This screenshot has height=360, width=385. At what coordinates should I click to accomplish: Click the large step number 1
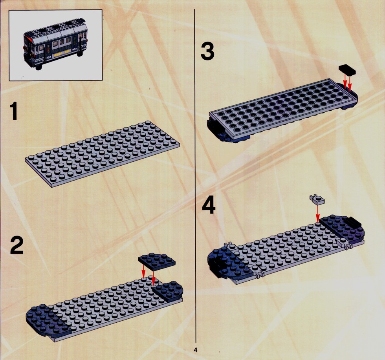14,111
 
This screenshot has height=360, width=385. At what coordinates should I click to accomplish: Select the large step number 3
207,51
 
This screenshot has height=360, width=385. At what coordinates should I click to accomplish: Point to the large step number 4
209,205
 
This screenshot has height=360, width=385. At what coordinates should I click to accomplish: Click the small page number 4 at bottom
196,350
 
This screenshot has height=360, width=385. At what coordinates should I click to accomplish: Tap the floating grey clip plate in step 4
317,199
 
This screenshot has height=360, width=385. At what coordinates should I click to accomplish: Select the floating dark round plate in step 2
157,261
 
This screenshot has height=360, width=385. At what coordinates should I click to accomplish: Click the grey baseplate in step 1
102,154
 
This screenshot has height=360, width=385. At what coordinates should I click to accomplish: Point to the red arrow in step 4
317,213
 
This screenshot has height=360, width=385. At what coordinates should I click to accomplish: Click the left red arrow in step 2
144,271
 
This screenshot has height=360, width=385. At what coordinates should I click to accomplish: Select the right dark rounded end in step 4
343,229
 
